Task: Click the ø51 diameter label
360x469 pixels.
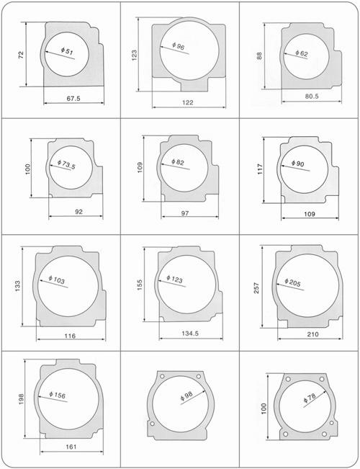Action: [x=67, y=51]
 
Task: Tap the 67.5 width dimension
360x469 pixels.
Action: [x=73, y=99]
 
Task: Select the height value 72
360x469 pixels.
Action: [x=21, y=55]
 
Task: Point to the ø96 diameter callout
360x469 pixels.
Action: [x=179, y=46]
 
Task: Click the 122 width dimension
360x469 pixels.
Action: [x=188, y=102]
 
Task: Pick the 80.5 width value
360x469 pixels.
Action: [x=312, y=97]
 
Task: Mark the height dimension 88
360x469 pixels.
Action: [x=259, y=56]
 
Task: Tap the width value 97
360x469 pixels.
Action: [x=185, y=213]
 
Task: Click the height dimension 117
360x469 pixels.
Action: [x=260, y=169]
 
